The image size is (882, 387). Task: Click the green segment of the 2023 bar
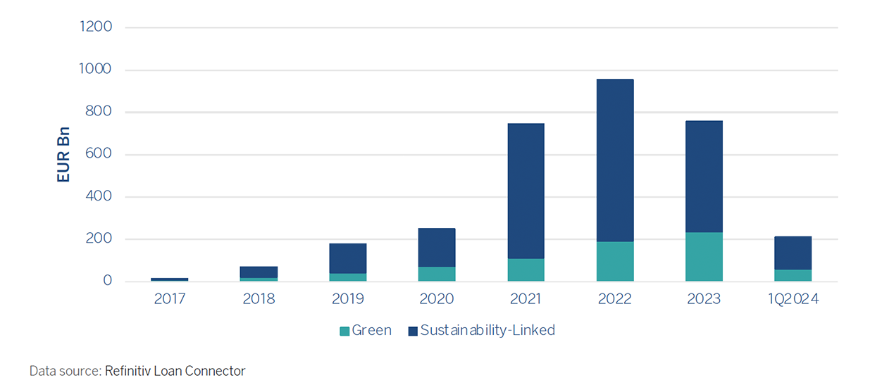704,257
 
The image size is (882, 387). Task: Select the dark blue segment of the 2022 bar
615,160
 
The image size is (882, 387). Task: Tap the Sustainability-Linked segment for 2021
526,191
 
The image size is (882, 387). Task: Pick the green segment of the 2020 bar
437,274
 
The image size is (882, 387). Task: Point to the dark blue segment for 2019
348,258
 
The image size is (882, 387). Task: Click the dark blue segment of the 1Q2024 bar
793,253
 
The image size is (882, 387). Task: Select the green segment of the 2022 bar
615,262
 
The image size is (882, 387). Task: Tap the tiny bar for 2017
170,279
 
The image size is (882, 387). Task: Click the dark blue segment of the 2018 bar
259,272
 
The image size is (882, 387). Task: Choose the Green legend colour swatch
344,331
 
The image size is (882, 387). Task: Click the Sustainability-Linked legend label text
487,330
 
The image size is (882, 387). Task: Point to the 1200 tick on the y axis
97,27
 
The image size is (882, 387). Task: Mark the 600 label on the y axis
99,154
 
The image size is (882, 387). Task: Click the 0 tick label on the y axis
107,281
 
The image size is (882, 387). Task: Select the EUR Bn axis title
64,155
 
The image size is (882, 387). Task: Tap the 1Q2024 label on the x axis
793,299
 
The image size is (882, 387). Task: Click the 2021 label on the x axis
526,299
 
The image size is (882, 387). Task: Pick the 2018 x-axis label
259,299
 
